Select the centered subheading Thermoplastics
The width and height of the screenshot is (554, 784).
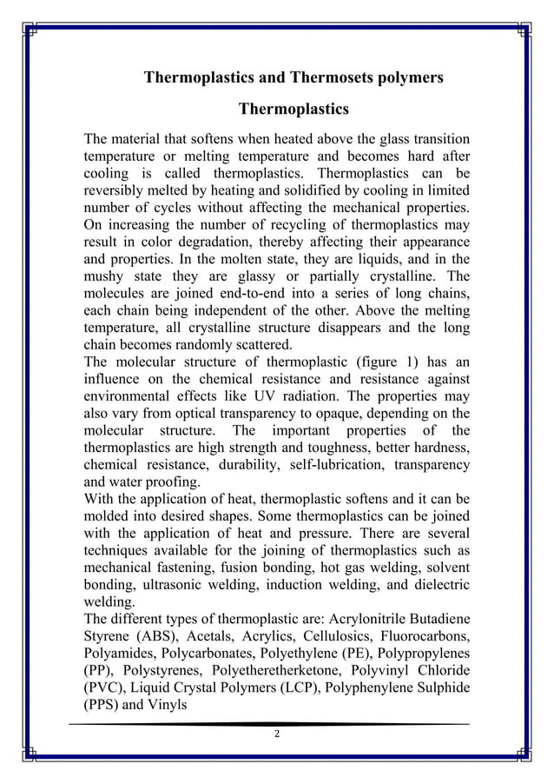coord(293,110)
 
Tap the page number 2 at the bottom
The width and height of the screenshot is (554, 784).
coord(276,735)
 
